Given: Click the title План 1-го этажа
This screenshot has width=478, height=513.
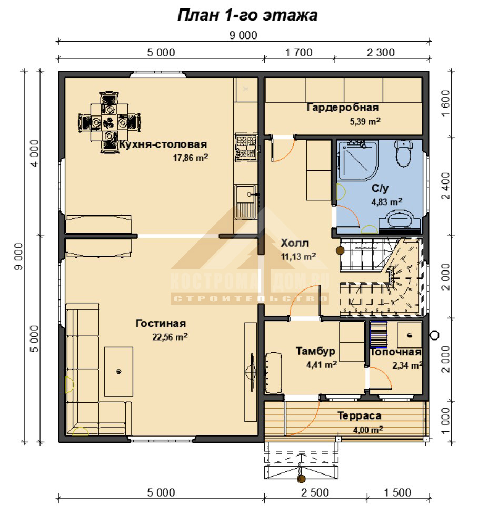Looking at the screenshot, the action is pyautogui.click(x=247, y=15).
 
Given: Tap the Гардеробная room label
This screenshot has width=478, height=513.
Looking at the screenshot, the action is pyautogui.click(x=343, y=108).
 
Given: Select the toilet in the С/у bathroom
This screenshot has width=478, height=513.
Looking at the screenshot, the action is pyautogui.click(x=404, y=153).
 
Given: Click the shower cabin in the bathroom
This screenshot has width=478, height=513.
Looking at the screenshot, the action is pyautogui.click(x=358, y=160).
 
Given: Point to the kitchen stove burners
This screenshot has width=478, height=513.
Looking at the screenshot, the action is pyautogui.click(x=246, y=147).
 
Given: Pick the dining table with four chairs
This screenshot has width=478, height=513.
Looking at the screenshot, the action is pyautogui.click(x=109, y=123).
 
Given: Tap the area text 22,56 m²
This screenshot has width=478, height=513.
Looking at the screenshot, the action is pyautogui.click(x=170, y=337).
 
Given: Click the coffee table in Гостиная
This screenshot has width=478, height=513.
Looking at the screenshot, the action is pyautogui.click(x=118, y=372).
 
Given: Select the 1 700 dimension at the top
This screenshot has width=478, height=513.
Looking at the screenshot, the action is pyautogui.click(x=299, y=52).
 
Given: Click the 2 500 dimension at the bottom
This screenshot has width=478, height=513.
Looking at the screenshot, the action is pyautogui.click(x=315, y=492).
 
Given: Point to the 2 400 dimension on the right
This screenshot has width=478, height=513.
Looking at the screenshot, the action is pyautogui.click(x=446, y=186).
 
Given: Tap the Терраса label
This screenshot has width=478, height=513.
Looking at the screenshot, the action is pyautogui.click(x=360, y=416).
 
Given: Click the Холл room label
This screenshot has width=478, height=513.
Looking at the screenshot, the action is pyautogui.click(x=295, y=243).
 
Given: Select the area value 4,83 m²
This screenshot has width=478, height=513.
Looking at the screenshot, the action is pyautogui.click(x=387, y=202).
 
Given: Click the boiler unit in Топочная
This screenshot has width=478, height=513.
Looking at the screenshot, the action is pyautogui.click(x=410, y=335).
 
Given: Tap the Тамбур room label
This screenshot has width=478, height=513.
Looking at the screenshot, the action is pyautogui.click(x=316, y=351).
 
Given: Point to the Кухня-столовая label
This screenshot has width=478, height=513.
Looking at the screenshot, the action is pyautogui.click(x=163, y=144).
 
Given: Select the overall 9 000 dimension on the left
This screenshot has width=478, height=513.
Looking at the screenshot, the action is pyautogui.click(x=19, y=256).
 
